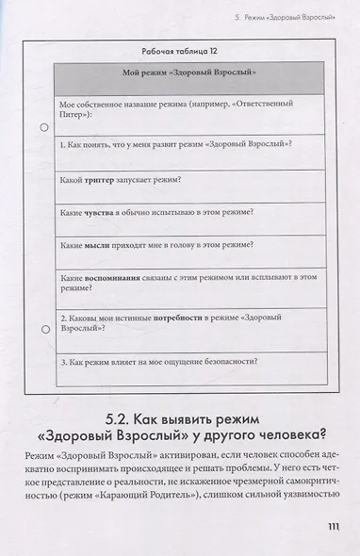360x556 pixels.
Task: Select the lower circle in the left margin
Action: coord(44,330)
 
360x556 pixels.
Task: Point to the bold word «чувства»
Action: coord(102,212)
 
